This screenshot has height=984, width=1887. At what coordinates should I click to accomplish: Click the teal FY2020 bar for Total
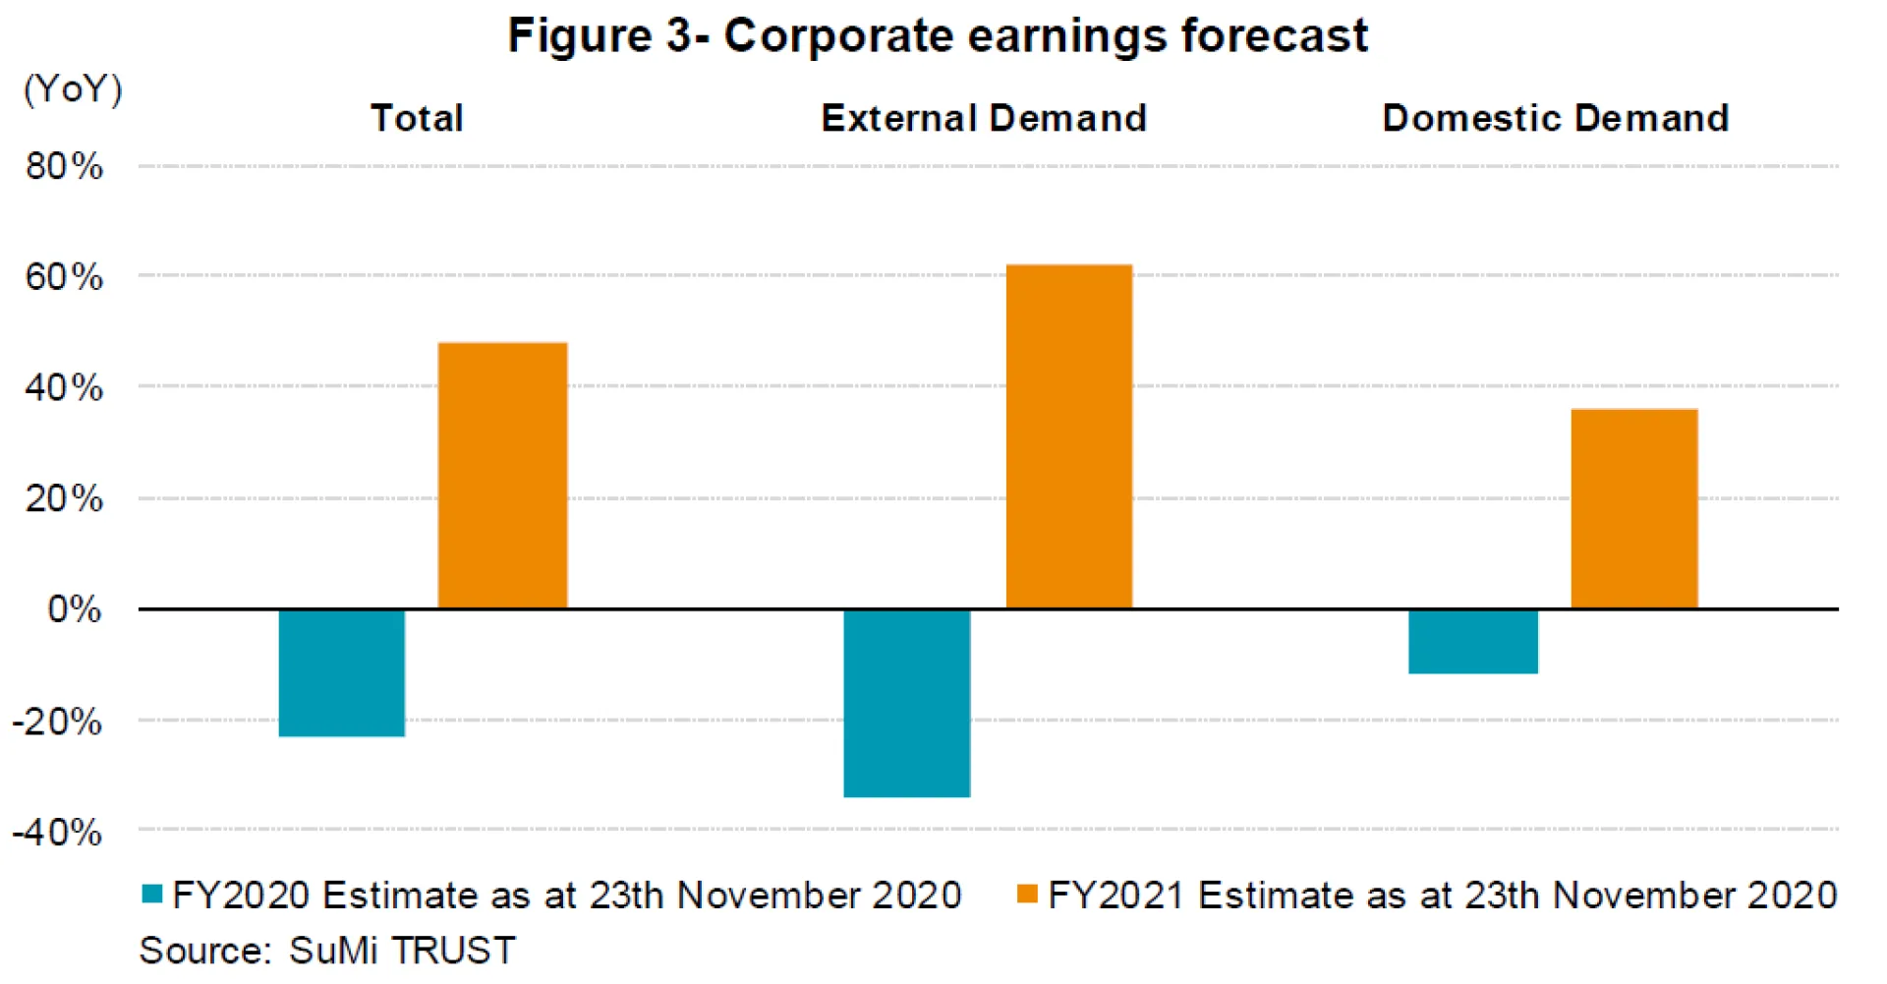pos(342,672)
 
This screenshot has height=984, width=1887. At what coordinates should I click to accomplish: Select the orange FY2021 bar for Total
pos(502,476)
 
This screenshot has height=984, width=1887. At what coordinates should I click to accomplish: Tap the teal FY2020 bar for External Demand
pos(907,703)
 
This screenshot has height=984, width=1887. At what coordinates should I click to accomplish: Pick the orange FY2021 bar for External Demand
pos(1069,436)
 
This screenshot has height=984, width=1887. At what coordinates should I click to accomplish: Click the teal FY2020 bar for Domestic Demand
pos(1472,641)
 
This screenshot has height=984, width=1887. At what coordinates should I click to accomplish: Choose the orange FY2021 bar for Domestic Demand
pos(1634,508)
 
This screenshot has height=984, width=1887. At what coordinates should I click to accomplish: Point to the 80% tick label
pos(64,166)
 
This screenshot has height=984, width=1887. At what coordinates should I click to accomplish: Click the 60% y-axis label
pos(64,277)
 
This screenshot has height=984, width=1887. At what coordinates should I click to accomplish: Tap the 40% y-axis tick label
pos(64,388)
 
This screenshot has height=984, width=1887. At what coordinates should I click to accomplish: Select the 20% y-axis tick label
pos(64,499)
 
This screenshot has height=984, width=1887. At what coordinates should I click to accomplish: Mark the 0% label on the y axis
pos(75,609)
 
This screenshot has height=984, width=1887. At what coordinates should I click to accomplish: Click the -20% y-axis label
pos(57,723)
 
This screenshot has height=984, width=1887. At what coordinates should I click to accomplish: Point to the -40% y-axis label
pos(57,834)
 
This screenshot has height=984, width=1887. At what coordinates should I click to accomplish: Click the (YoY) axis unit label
pos(73,89)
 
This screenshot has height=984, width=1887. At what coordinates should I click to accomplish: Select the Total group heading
pos(417,119)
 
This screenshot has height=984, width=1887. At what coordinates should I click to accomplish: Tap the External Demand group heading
pos(984,119)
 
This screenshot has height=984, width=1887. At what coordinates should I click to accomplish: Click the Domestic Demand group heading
pos(1556,119)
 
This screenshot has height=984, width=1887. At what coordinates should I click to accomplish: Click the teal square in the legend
pos(152,894)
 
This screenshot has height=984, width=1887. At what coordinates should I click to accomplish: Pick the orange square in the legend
pos(1027,894)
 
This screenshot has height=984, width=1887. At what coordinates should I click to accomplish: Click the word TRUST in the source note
pos(453,951)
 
